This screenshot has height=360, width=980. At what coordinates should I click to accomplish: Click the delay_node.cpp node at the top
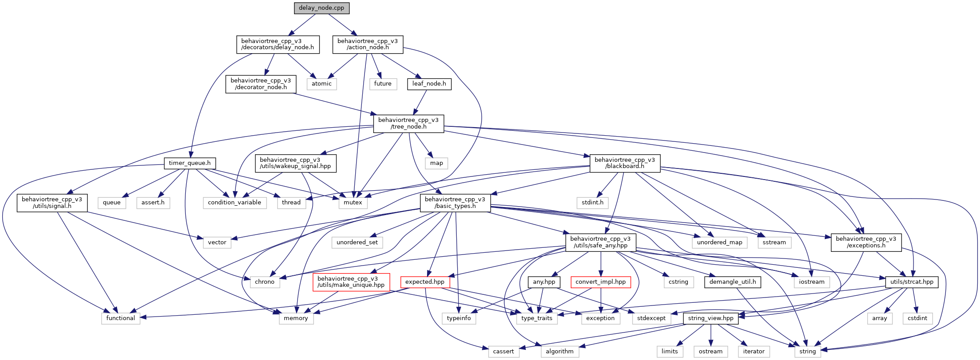tap(321, 8)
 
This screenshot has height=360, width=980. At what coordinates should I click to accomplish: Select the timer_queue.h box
tap(190, 163)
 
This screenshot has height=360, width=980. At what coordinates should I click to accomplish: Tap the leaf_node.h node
tap(429, 84)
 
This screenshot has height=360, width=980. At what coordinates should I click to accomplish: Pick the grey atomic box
tap(321, 84)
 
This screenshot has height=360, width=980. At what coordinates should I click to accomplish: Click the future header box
tap(382, 84)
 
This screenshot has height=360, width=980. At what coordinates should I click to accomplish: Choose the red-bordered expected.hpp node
tap(425, 282)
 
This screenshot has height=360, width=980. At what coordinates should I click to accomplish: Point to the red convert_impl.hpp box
tap(600, 282)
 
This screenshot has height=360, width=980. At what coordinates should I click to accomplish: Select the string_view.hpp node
tap(710, 318)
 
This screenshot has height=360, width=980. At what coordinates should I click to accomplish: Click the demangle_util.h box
tap(733, 282)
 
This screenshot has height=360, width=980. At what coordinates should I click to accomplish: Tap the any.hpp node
tap(544, 282)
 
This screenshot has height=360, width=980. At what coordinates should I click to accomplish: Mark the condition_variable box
tap(235, 203)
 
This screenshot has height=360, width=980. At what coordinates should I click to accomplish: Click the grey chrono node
tap(265, 282)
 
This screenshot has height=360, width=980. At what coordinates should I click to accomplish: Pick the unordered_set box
tap(357, 243)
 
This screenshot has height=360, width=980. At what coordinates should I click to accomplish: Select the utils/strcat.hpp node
tap(912, 282)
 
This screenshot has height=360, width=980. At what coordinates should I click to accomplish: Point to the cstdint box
tap(917, 318)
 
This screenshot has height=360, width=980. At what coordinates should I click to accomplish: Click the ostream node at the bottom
tap(710, 352)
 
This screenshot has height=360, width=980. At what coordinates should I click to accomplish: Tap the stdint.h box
tap(592, 203)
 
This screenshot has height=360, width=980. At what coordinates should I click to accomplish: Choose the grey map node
tap(436, 163)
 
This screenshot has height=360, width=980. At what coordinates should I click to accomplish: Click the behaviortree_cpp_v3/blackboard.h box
tap(624, 163)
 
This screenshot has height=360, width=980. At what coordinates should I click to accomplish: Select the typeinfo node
tap(459, 318)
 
